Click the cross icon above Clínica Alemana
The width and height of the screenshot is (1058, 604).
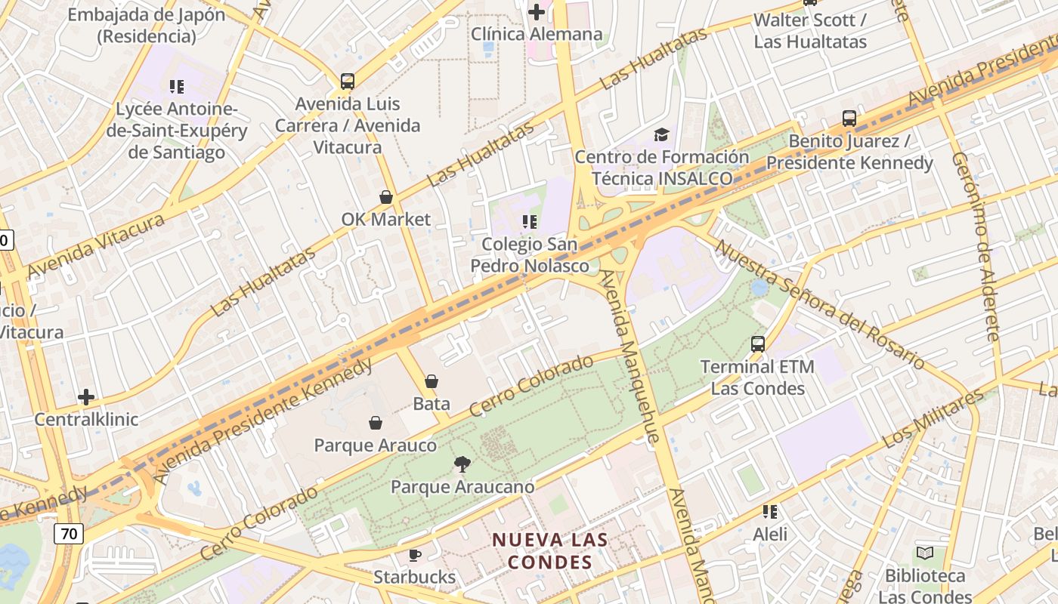(537, 12)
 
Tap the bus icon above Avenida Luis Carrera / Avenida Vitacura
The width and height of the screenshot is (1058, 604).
(348, 82)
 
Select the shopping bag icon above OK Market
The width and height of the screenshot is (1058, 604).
(386, 198)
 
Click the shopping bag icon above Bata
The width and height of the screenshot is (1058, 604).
(432, 382)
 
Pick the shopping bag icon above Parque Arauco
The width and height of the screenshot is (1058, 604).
(375, 423)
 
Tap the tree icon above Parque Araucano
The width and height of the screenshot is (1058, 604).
(462, 464)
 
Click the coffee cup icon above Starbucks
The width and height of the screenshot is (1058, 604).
(414, 556)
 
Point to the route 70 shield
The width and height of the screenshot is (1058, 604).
(69, 534)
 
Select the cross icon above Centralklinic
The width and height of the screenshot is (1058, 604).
(86, 397)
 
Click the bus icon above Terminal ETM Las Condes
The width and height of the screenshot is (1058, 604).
(758, 344)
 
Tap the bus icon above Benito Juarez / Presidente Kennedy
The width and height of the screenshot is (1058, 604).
(849, 119)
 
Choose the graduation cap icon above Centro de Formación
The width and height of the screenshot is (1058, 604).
(662, 134)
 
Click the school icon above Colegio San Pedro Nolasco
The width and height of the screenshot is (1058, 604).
(530, 222)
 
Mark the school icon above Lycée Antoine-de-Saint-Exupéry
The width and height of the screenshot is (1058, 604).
(177, 87)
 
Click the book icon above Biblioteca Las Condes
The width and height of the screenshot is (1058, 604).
(925, 553)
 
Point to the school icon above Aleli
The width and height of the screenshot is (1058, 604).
(770, 512)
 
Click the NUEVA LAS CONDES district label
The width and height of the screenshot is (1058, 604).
(550, 551)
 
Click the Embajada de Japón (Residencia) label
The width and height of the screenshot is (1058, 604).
(147, 25)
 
